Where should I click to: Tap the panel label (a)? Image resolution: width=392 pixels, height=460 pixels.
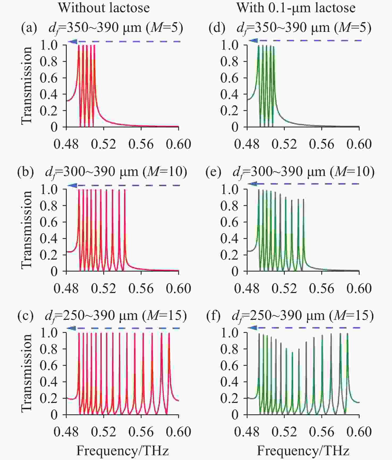(x=29, y=28)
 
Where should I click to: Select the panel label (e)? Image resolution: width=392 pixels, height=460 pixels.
(x=213, y=172)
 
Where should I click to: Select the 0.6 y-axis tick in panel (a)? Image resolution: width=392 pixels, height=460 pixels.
(x=49, y=78)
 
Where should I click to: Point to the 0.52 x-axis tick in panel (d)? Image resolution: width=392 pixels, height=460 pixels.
(x=284, y=144)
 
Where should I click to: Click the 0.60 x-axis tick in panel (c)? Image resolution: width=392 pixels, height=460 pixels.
(x=178, y=432)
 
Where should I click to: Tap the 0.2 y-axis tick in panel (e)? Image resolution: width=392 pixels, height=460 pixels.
(x=229, y=255)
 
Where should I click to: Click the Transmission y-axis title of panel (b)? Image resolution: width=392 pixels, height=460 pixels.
(x=27, y=230)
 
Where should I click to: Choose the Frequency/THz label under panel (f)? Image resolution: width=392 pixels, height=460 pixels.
(x=303, y=451)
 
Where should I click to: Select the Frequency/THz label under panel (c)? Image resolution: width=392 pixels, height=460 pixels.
(x=122, y=451)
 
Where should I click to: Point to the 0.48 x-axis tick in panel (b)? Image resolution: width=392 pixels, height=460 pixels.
(x=66, y=289)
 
